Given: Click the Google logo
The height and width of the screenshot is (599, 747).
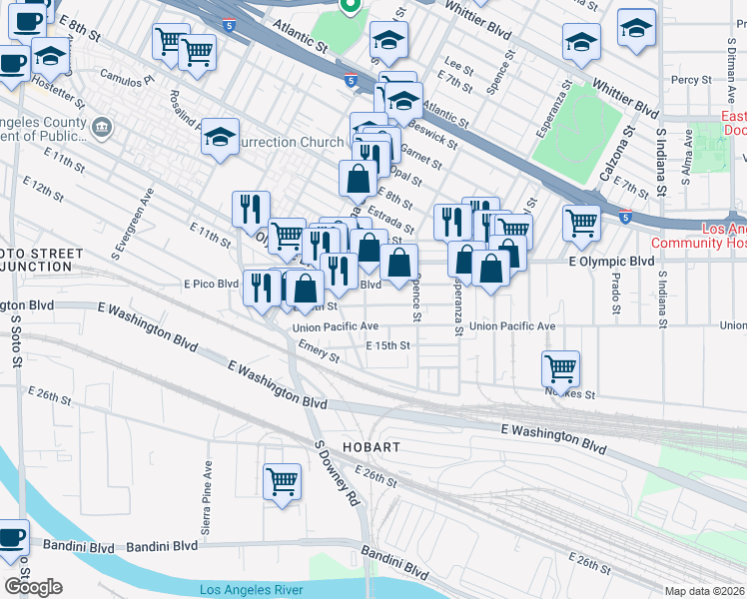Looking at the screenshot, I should coord(33,587).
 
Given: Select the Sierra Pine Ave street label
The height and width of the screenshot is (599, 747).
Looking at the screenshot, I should coord(208,496).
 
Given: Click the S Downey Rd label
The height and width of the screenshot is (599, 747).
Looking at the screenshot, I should coord(338,475).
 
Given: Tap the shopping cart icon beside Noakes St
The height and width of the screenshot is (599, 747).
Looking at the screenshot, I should coord(561,368).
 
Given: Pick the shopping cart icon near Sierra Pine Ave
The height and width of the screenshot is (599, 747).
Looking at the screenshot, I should coord(283,481).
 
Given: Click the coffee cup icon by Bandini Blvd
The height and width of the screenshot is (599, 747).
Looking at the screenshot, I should coord(12,536).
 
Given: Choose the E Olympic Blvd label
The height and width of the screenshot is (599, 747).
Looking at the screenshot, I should coord(610,262).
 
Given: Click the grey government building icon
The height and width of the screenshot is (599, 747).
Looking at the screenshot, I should coord(101,127).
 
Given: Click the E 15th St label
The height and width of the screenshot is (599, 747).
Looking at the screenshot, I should coord(388,345).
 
